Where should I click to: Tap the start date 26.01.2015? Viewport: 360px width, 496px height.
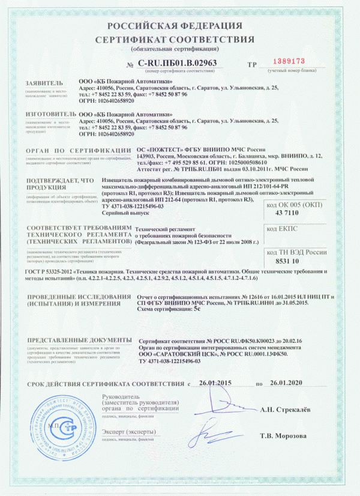(x=215, y=383)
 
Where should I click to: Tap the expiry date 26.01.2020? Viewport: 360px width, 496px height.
(x=284, y=383)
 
